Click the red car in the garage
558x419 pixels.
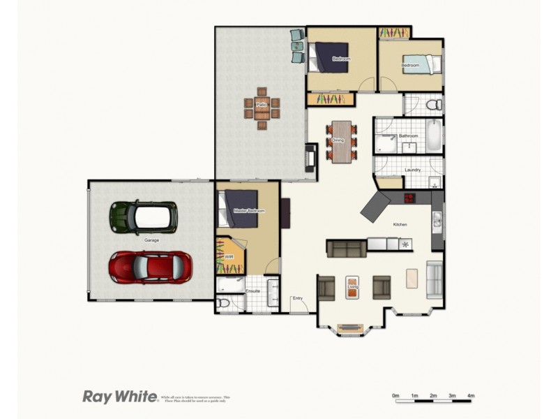coord(150,266)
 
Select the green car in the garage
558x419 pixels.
coord(143,216)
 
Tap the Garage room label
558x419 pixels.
coord(151,240)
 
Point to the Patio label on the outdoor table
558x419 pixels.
coord(262,105)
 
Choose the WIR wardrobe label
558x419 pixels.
coord(228,257)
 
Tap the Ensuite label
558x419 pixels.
coord(253,291)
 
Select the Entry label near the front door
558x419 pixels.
coord(298,299)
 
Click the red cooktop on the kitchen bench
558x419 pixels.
coord(409,198)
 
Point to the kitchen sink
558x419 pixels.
coord(437,221)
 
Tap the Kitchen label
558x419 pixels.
coord(400,224)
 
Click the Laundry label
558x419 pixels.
coord(412,170)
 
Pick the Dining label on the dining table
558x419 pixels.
coord(338,140)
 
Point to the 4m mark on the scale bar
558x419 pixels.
coord(471,396)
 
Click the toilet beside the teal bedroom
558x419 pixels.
coord(433,105)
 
